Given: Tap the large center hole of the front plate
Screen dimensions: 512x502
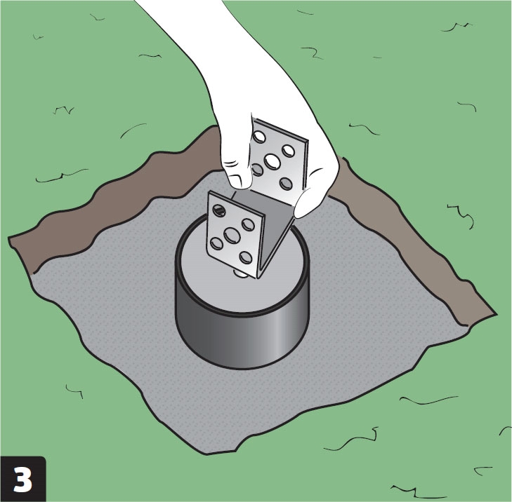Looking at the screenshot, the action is tap(232, 236).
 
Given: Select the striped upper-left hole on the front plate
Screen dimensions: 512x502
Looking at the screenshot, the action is tap(219, 210).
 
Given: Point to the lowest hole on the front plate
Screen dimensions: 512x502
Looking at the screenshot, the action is tap(246, 257).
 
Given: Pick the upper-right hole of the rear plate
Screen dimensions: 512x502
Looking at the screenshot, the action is tap(289, 151).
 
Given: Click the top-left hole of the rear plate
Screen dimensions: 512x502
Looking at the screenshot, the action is tap(259, 137).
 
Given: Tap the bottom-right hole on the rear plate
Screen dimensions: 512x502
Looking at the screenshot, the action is tap(286, 184).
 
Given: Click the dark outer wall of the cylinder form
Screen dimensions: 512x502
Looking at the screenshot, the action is tap(242, 339).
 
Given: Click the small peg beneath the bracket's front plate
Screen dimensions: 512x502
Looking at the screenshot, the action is tap(242, 273).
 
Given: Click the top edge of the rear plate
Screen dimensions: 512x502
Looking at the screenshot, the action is tap(281, 130).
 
